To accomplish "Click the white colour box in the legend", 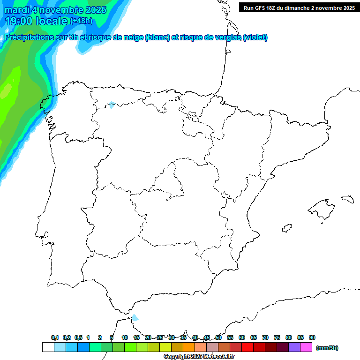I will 48,347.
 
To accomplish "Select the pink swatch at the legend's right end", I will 306,347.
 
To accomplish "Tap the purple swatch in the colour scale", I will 294,347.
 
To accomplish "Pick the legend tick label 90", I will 312,337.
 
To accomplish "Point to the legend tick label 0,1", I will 55,337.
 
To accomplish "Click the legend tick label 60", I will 242,337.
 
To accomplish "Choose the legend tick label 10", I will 125,337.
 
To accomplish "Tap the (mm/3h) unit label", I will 327,348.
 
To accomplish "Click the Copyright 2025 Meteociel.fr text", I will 199,357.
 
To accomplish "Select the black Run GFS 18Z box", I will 299,8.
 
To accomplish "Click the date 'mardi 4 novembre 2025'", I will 55,10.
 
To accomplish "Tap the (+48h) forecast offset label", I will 82,21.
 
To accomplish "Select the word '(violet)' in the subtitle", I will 255,37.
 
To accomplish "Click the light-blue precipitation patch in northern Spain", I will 112,105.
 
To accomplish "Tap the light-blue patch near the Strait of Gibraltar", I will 135,317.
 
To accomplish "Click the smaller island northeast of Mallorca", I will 347,199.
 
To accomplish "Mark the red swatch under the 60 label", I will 247,347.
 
